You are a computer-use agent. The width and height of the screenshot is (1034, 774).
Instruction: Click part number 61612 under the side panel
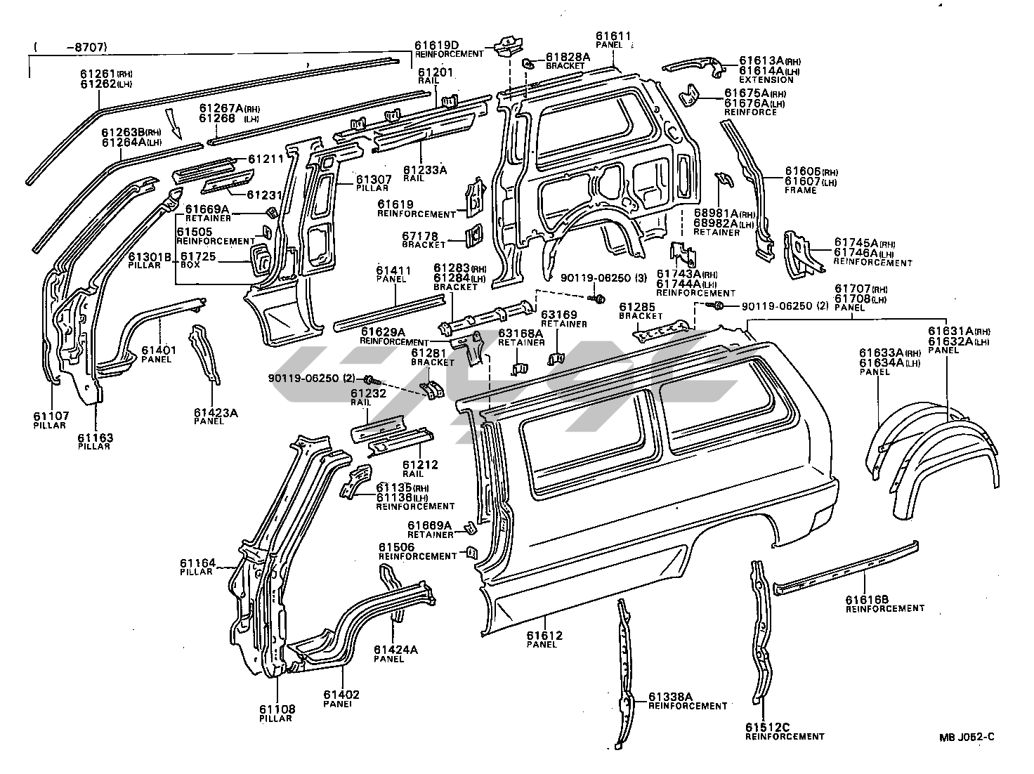(544, 636)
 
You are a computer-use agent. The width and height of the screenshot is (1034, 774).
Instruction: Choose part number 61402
(341, 695)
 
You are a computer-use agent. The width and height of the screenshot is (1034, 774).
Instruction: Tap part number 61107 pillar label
(50, 416)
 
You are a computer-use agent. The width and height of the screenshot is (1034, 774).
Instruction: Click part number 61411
(391, 270)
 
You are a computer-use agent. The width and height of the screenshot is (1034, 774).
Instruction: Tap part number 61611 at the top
(613, 36)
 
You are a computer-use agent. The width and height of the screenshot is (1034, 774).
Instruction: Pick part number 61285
(636, 307)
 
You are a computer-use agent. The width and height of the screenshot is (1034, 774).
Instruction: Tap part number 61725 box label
(200, 257)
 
